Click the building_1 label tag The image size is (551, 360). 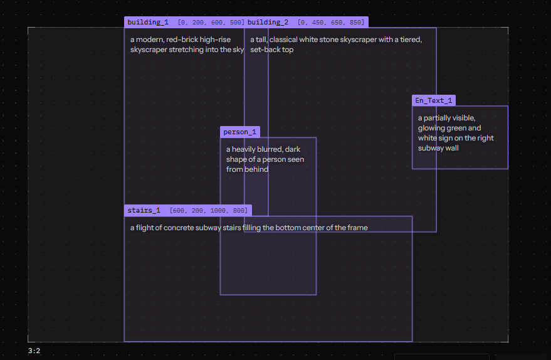coord(184,22)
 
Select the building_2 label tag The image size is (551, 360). coord(307,22)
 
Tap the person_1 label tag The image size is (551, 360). coord(240,132)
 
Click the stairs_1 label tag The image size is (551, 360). coord(188,210)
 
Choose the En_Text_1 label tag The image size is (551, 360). coord(434,100)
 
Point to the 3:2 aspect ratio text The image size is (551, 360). coord(34,351)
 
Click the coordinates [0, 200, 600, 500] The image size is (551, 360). coord(211,23)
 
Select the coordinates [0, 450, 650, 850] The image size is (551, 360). coord(331,23)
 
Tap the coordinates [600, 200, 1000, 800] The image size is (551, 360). coord(209,211)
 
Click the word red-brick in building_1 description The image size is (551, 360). coord(181,40)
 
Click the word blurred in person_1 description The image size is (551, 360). coord(270,149)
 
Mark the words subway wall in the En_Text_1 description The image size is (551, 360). coord(438,149)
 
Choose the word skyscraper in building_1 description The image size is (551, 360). coord(149,50)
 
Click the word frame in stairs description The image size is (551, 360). coord(358,228)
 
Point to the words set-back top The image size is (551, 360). coord(271,50)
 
